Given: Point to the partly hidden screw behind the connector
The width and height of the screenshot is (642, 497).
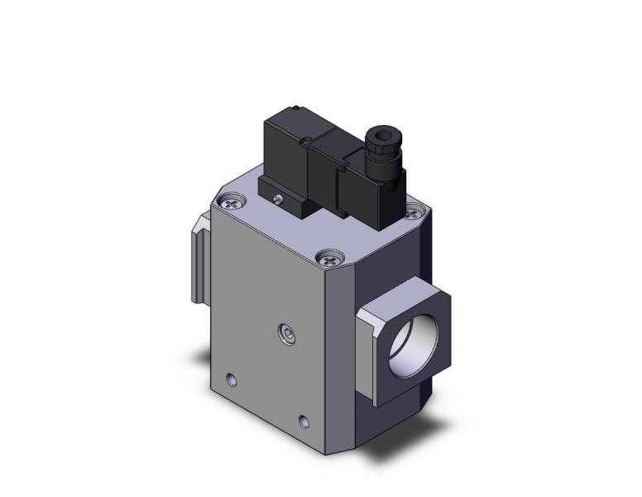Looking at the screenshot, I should point(411,214).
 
